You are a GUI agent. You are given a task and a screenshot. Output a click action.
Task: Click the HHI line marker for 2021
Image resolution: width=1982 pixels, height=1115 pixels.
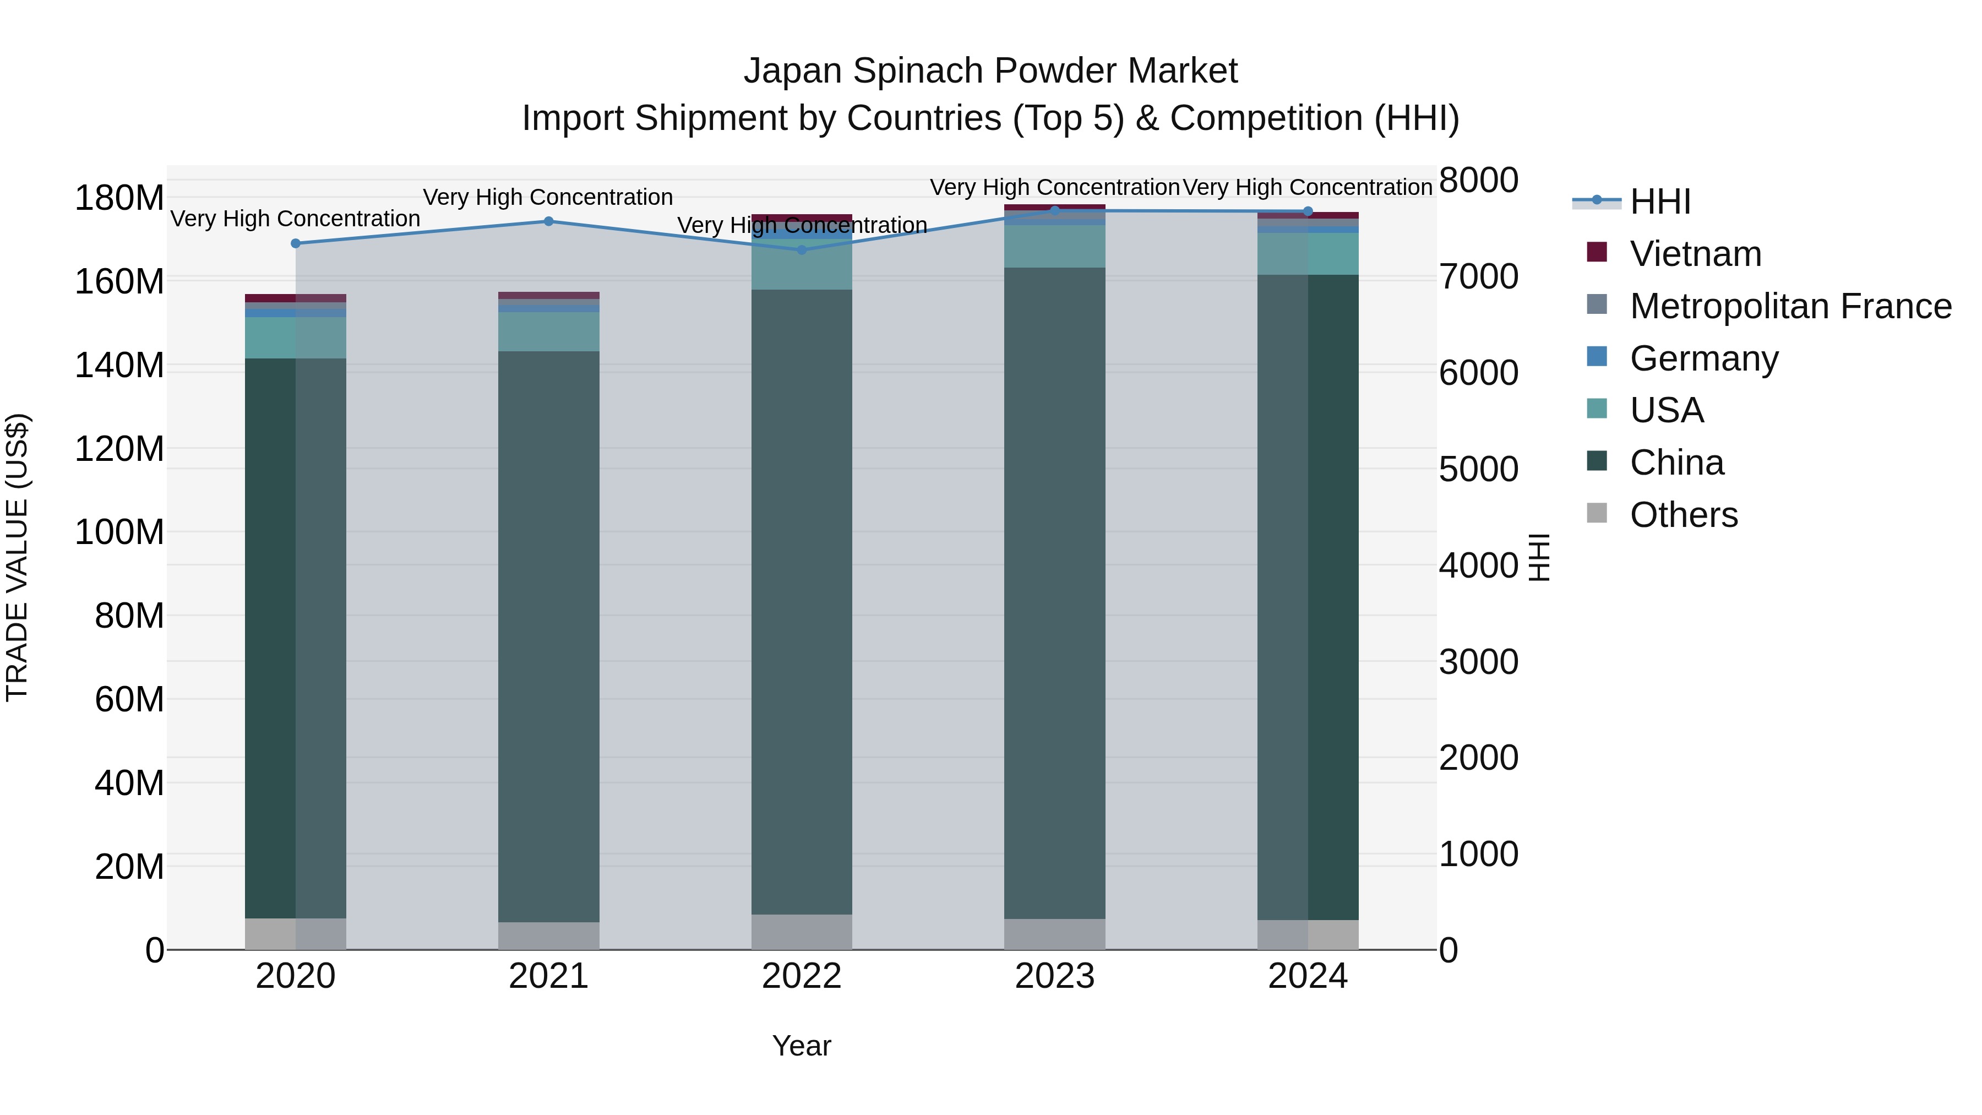pyautogui.click(x=548, y=221)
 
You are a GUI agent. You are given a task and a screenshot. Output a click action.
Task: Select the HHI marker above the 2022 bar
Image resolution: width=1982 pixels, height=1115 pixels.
pyautogui.click(x=802, y=250)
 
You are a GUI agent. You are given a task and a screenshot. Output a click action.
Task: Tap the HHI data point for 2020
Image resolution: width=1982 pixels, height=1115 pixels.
pyautogui.click(x=296, y=244)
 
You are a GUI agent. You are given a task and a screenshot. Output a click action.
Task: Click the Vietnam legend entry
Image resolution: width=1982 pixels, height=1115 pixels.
pyautogui.click(x=1695, y=254)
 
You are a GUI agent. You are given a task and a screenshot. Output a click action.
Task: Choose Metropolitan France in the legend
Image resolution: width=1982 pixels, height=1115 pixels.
pyautogui.click(x=1790, y=306)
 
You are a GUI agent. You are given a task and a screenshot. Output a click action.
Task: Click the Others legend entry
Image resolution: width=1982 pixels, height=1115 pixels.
pyautogui.click(x=1684, y=515)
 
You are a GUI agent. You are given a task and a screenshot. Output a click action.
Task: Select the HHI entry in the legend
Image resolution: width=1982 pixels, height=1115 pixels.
pyautogui.click(x=1660, y=202)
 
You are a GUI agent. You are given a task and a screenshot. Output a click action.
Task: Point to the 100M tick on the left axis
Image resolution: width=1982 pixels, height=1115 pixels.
pyautogui.click(x=119, y=532)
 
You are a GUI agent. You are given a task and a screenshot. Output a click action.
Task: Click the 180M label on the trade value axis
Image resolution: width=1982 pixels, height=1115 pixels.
pyautogui.click(x=119, y=199)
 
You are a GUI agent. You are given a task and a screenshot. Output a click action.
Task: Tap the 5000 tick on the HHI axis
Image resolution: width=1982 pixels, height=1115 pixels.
pyautogui.click(x=1478, y=469)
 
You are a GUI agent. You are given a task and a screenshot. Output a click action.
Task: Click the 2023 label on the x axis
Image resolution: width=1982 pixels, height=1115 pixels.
pyautogui.click(x=1054, y=976)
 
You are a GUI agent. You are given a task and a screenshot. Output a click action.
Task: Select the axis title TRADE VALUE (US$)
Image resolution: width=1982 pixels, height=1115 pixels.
pyautogui.click(x=17, y=557)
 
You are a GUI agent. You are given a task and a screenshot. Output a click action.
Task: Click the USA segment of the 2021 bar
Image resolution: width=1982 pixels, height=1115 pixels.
pyautogui.click(x=548, y=331)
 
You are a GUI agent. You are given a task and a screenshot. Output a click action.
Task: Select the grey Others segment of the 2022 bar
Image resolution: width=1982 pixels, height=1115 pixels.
pyautogui.click(x=802, y=932)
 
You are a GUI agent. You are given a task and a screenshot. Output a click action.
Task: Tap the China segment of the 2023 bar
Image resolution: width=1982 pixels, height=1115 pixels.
pyautogui.click(x=1054, y=592)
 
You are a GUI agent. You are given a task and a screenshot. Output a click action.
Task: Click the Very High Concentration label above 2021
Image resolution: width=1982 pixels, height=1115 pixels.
pyautogui.click(x=548, y=198)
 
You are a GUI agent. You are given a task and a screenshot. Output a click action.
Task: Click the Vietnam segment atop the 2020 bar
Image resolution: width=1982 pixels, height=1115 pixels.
pyautogui.click(x=296, y=298)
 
